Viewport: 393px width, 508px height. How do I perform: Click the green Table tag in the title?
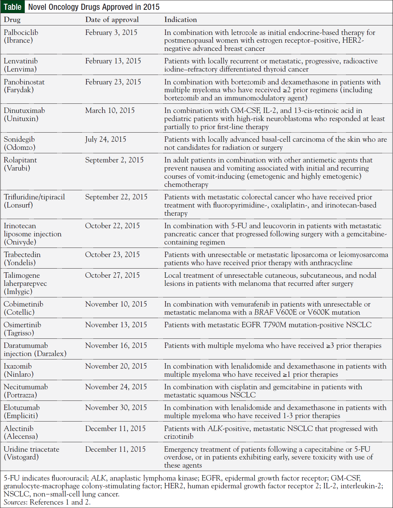[x=13, y=7]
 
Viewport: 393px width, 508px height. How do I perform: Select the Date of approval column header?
[x=112, y=20]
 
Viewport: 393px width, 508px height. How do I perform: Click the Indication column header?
[x=180, y=20]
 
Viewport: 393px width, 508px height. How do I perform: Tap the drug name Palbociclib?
[x=21, y=33]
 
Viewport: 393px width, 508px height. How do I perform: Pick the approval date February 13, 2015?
[x=113, y=61]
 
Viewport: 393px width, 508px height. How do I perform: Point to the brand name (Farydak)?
[x=19, y=90]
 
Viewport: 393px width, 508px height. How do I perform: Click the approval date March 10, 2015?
[x=110, y=111]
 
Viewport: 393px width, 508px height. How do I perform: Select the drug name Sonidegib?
[x=19, y=139]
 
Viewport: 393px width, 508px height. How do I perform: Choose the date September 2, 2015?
[x=114, y=160]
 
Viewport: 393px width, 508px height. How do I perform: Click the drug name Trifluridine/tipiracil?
[x=34, y=197]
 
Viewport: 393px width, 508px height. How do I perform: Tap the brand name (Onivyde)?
[x=20, y=242]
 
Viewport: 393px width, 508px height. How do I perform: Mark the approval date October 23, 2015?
[x=112, y=255]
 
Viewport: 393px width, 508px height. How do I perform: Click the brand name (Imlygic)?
[x=18, y=292]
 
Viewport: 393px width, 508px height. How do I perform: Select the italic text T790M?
[x=275, y=325]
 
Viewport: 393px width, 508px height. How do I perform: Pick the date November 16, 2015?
[x=116, y=346]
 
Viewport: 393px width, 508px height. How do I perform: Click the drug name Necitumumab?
[x=26, y=387]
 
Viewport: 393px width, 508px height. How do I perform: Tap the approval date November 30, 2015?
[x=116, y=408]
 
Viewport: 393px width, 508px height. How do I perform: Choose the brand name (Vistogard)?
[x=21, y=457]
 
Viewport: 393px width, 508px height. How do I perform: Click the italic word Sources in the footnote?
[x=15, y=502]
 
